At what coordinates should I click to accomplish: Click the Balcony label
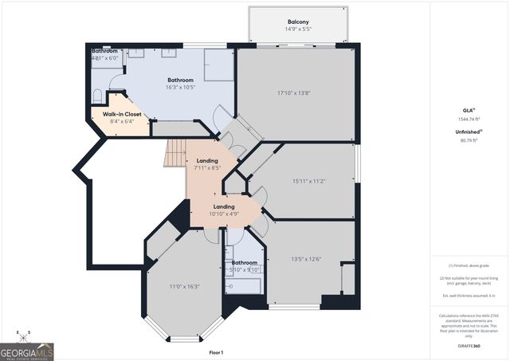point(299,22)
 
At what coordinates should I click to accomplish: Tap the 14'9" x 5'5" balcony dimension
point(299,30)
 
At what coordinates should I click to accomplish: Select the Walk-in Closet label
point(122,114)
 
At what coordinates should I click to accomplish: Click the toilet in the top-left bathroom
point(98,96)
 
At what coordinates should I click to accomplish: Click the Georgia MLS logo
point(27,349)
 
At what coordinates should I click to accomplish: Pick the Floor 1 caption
point(216,352)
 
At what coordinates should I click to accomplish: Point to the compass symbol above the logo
point(24,333)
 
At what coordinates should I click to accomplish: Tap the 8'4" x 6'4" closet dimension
point(122,122)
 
